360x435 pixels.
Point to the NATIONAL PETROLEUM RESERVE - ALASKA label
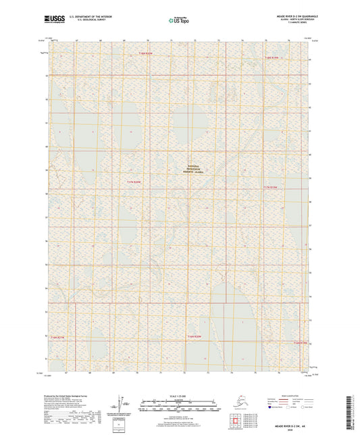(x=199, y=169)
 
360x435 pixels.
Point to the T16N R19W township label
(x=301, y=342)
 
